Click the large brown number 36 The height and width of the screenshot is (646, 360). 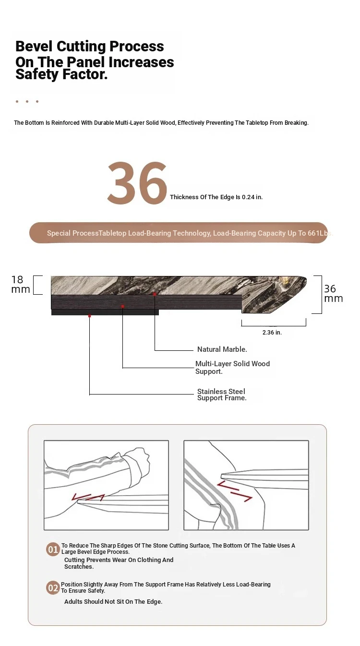[x=137, y=183]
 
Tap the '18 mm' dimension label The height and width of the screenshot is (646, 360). [x=21, y=284]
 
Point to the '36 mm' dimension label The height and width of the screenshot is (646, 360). [x=334, y=294]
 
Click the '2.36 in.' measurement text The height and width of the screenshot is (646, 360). [x=272, y=333]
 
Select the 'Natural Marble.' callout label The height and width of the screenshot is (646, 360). [x=222, y=349]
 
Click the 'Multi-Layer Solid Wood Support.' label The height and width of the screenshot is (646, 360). [x=232, y=368]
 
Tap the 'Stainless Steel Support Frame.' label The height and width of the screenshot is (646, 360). [x=222, y=395]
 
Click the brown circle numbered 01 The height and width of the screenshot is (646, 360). [x=53, y=550]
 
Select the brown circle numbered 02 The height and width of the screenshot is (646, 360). [x=53, y=588]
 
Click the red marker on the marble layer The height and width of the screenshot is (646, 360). [x=155, y=294]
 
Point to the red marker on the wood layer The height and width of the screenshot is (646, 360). [x=122, y=306]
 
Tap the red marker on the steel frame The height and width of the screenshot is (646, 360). [x=89, y=316]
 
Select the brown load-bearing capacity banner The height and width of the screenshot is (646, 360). [x=179, y=233]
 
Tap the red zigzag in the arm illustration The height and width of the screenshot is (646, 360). [x=88, y=497]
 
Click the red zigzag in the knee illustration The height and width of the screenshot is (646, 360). [x=235, y=491]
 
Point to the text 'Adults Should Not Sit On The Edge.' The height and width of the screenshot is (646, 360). [x=113, y=601]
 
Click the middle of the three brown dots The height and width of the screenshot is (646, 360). [x=27, y=102]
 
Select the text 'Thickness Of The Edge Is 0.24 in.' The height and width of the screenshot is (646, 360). [x=216, y=197]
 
